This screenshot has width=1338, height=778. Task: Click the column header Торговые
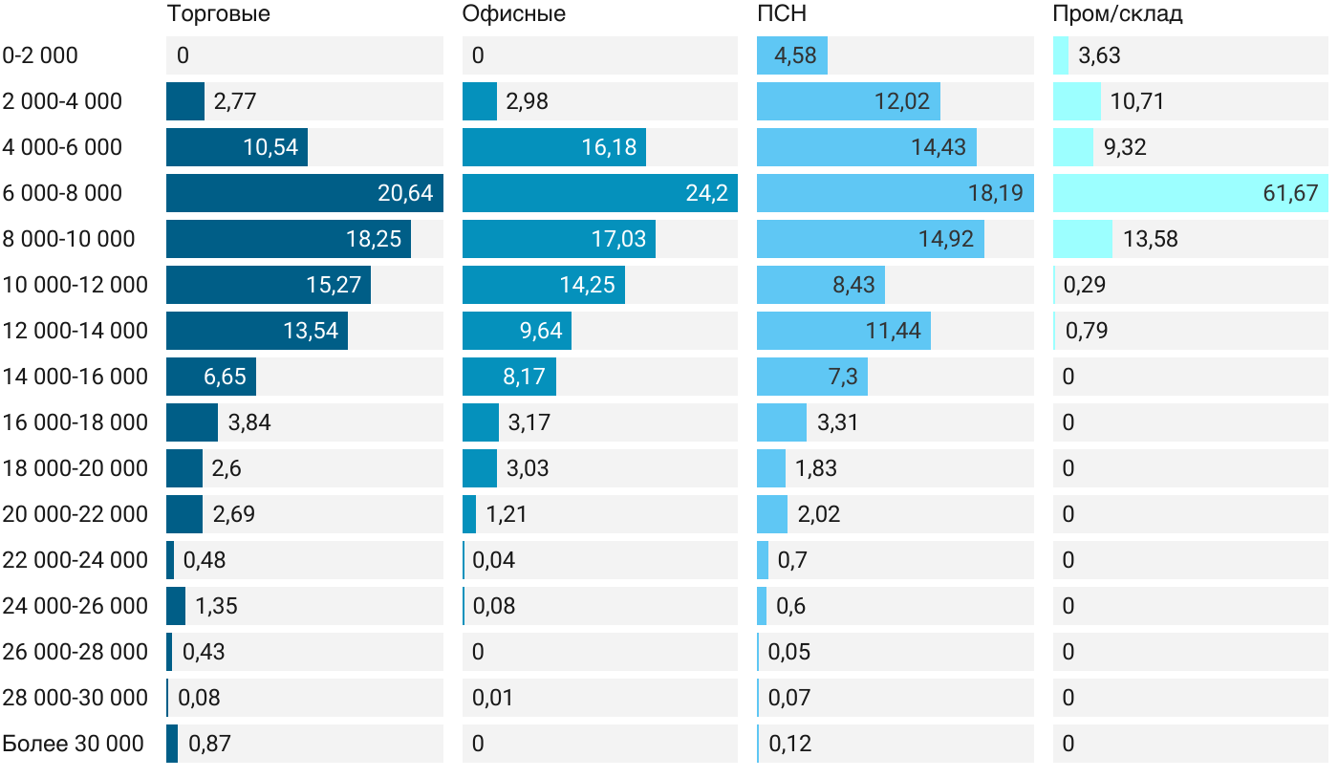218,14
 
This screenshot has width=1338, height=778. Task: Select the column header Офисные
513,14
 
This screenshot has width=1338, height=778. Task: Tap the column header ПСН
781,14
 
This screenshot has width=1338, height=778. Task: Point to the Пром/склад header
1117,14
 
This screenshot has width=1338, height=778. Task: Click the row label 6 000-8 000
62,193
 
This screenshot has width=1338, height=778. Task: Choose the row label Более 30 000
73,744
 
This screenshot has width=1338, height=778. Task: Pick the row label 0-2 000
40,55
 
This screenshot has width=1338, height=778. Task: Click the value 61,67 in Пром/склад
1290,193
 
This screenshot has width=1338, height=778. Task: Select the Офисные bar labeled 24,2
599,193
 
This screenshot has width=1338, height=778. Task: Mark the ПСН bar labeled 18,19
895,193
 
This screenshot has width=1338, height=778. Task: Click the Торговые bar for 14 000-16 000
210,377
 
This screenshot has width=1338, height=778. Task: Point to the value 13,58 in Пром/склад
1151,239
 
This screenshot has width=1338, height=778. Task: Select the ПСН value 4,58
795,55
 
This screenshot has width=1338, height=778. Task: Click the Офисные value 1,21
507,514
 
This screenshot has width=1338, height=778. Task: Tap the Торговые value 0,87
209,744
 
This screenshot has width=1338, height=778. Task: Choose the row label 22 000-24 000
76,560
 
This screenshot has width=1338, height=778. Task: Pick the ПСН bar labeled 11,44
843,331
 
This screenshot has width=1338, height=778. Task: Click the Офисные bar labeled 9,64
516,331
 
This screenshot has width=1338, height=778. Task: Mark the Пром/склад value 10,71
1136,101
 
